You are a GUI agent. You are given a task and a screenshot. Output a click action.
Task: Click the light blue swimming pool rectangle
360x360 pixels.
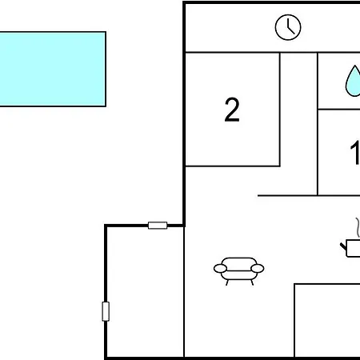(53, 69)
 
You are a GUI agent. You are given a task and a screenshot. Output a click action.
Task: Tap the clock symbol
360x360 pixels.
(288, 27)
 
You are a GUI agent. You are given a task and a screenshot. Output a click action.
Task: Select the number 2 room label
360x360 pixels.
(232, 110)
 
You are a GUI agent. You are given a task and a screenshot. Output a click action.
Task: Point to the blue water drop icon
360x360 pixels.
(354, 81)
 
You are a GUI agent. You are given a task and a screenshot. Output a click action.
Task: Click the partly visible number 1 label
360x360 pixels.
(355, 153)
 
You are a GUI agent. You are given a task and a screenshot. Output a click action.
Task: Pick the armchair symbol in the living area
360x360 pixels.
(239, 271)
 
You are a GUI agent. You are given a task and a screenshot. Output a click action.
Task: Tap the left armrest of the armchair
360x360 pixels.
(220, 269)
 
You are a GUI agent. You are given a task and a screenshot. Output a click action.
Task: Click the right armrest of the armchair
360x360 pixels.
(258, 269)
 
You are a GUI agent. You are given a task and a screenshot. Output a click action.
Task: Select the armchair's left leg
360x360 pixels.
(227, 282)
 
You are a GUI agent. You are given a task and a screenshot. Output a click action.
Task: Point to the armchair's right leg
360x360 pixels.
(252, 282)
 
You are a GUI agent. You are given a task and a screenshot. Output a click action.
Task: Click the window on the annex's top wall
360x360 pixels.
(158, 226)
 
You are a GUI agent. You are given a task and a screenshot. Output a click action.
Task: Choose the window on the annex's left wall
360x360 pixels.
(106, 311)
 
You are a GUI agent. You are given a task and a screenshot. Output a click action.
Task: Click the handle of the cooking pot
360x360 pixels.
(343, 247)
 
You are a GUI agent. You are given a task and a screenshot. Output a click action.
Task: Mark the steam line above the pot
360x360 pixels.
(358, 227)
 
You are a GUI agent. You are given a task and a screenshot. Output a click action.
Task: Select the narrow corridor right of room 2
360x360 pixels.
(298, 122)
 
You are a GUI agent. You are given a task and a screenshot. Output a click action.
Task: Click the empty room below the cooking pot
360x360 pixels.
(327, 320)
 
